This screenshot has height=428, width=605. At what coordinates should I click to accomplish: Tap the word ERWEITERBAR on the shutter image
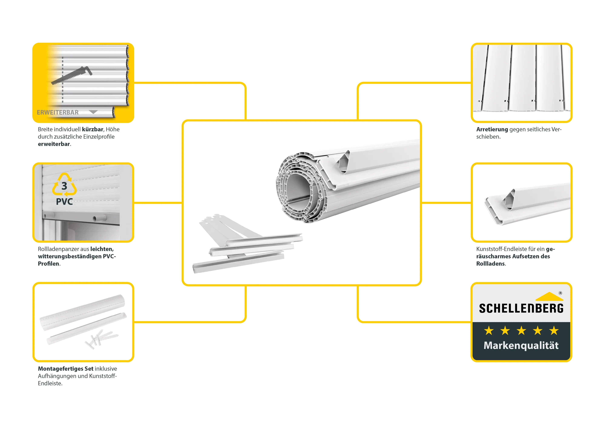58,113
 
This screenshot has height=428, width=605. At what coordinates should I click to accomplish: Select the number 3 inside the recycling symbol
64,186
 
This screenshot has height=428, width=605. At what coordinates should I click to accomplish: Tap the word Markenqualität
521,346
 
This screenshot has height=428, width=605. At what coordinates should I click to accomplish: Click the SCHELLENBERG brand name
521,308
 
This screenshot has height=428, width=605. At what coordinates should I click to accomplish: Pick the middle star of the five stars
521,331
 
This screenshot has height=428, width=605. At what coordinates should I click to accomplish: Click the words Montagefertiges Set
66,369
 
